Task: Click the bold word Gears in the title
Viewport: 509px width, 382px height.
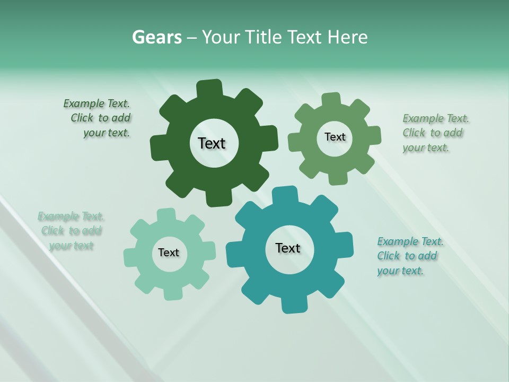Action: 156,37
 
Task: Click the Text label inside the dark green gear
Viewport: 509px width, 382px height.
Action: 212,143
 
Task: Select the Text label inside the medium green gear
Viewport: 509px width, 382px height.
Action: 335,137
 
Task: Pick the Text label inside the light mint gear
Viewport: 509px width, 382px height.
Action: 169,253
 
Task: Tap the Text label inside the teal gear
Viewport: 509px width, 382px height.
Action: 288,248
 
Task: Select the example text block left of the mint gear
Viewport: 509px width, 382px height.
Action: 71,231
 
